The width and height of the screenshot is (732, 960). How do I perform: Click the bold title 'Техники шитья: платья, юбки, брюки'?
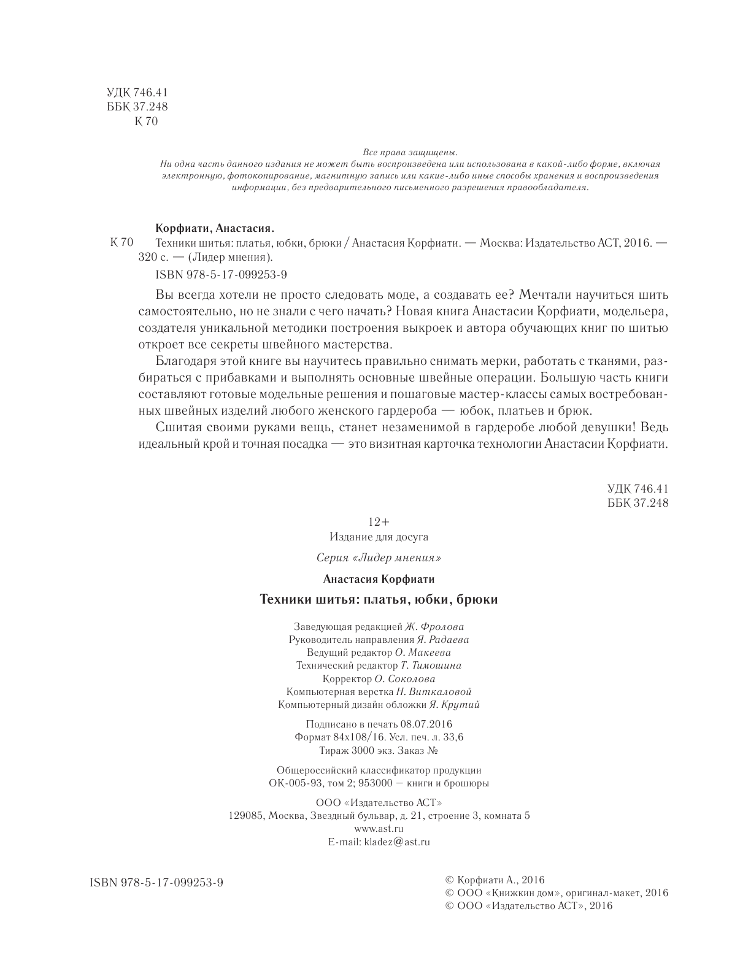pyautogui.click(x=379, y=599)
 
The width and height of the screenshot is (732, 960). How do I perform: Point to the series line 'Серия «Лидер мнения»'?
pyautogui.click(x=379, y=558)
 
